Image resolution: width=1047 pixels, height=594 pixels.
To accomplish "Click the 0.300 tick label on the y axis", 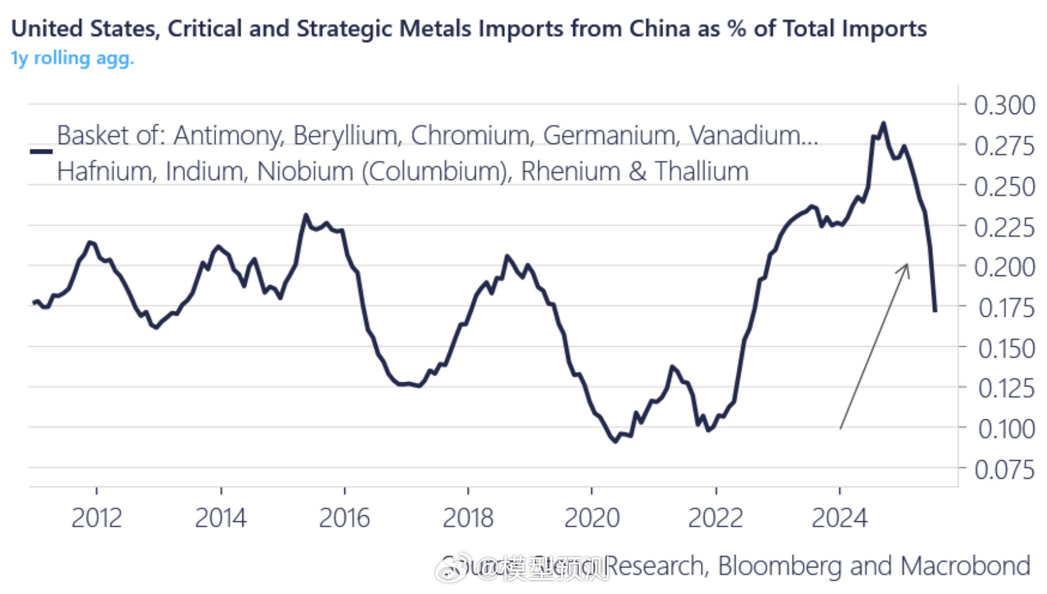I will [1004, 105].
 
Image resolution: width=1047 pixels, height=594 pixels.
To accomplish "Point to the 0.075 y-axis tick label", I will [1004, 470].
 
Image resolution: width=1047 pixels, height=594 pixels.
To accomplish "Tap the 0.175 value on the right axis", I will [1006, 308].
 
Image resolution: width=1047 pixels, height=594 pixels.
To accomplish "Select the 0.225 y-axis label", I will [1004, 228].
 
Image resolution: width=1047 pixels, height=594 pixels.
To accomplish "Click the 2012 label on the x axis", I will [96, 518].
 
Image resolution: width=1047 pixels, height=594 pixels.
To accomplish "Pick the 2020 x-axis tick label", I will [592, 518].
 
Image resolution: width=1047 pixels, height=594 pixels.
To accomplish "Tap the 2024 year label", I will [839, 518].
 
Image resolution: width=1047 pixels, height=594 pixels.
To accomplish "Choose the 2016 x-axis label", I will [344, 518].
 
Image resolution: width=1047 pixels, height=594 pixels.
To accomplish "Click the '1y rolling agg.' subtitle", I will [72, 58].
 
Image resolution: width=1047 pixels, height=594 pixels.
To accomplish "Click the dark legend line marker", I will [41, 151].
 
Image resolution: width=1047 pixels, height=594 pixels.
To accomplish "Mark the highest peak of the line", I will [883, 123].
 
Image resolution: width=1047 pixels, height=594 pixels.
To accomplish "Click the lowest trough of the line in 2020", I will [615, 441].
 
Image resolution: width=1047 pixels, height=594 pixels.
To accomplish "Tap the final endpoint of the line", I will [935, 311].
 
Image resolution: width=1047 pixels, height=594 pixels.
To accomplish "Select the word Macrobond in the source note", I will [965, 566].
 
